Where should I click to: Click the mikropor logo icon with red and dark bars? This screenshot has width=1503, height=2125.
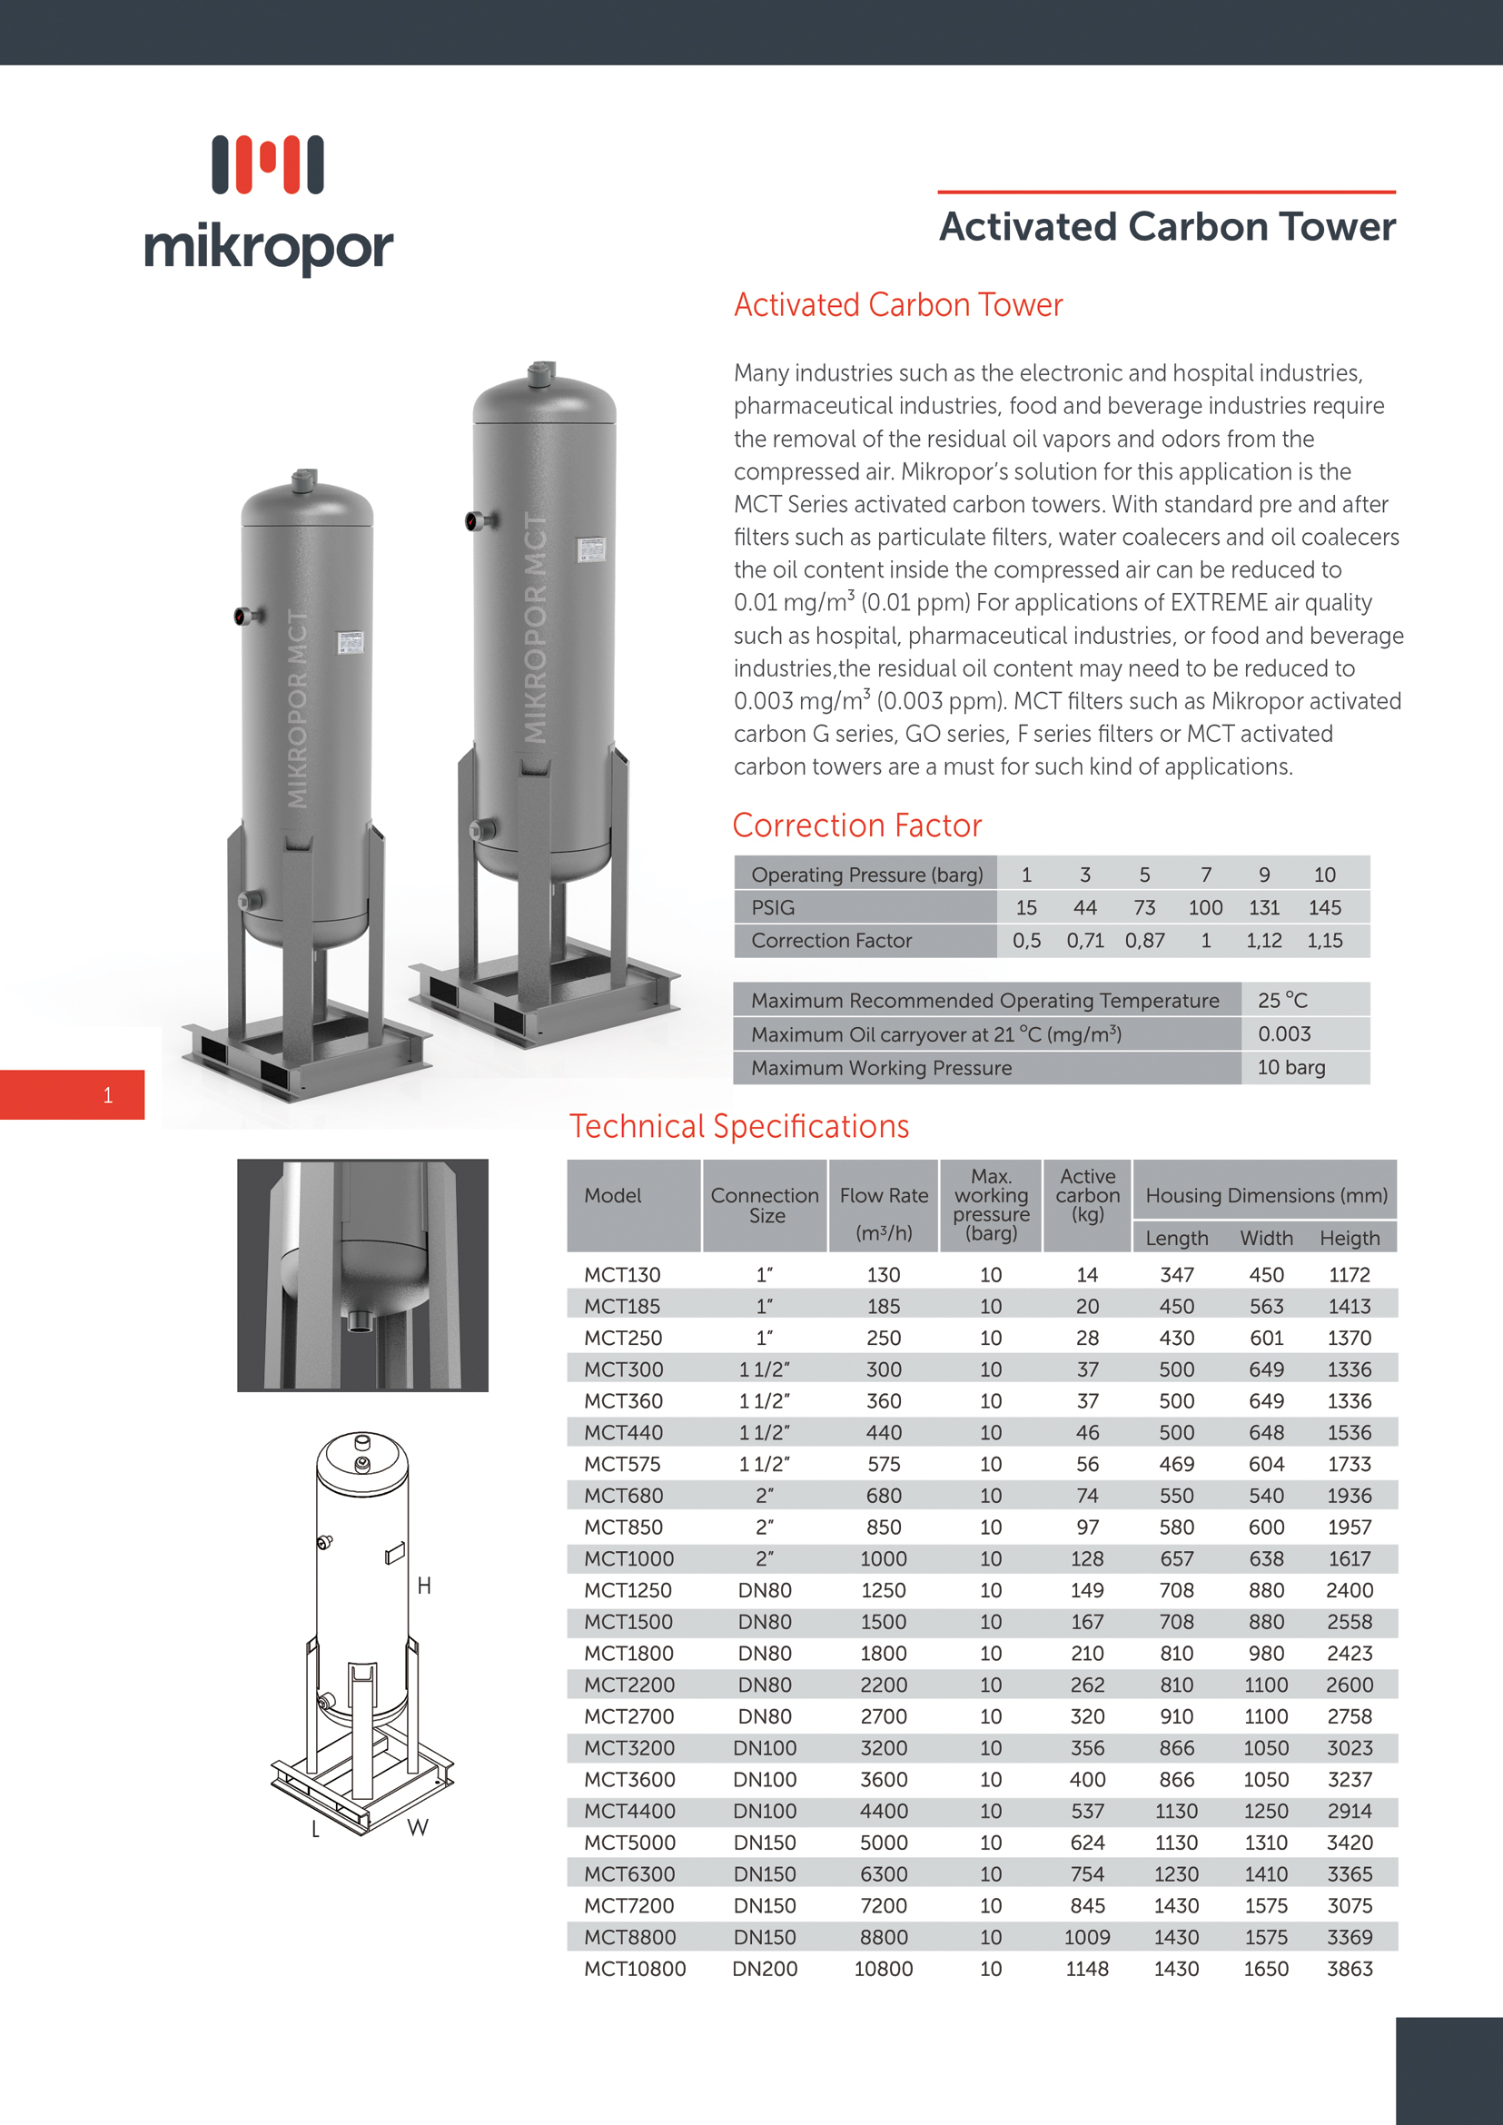(x=268, y=164)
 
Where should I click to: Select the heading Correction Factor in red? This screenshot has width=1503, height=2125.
(x=856, y=825)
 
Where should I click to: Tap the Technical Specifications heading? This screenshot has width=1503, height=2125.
(x=738, y=1125)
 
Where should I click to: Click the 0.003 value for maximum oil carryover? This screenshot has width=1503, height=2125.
(x=1283, y=1033)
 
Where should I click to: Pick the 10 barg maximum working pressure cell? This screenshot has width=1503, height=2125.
(x=1290, y=1067)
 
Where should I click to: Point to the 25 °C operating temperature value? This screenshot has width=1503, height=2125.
(x=1281, y=1001)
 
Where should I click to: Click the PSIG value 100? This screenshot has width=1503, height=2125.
(x=1205, y=907)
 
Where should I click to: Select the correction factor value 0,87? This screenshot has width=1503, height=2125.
(x=1144, y=940)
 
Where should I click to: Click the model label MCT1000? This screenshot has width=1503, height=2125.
(x=628, y=1558)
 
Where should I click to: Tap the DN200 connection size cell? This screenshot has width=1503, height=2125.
(x=765, y=1969)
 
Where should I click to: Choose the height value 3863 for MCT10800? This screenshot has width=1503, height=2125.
(x=1350, y=1969)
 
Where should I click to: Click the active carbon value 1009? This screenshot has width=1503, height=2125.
(x=1086, y=1937)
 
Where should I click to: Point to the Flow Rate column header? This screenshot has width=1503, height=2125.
(x=883, y=1196)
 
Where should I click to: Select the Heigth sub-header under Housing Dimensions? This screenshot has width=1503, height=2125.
(x=1350, y=1238)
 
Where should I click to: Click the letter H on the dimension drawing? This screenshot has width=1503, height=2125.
(x=424, y=1586)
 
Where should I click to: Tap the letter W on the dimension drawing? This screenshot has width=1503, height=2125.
(x=418, y=1827)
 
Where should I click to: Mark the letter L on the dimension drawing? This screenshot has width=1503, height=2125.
(x=316, y=1829)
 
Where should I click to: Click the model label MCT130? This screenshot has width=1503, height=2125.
(x=622, y=1274)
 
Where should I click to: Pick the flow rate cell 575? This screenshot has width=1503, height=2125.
(x=883, y=1464)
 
